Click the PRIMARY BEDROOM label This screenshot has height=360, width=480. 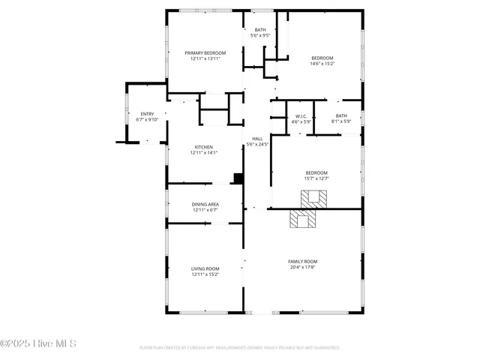point(204,52)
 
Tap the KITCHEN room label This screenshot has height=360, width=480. point(204,147)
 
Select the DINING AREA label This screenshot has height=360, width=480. point(204,204)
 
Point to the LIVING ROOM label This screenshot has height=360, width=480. point(205,268)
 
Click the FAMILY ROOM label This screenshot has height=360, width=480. point(303,261)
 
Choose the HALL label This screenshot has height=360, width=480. point(257,139)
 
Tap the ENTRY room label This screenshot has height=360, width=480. point(147,114)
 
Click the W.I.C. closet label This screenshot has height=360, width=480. point(301,116)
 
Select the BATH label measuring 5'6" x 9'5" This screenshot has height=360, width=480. point(260,30)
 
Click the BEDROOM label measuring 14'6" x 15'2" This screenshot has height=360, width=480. point(322,58)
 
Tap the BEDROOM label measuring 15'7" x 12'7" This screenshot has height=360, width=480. point(316,172)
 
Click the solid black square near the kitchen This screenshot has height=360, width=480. point(238,178)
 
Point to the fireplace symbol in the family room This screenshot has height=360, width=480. point(304,220)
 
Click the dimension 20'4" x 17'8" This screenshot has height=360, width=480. point(303,266)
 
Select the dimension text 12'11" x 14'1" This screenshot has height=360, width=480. point(204,152)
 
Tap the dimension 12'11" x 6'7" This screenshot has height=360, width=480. point(204,209)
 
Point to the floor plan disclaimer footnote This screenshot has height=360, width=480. point(240,348)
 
